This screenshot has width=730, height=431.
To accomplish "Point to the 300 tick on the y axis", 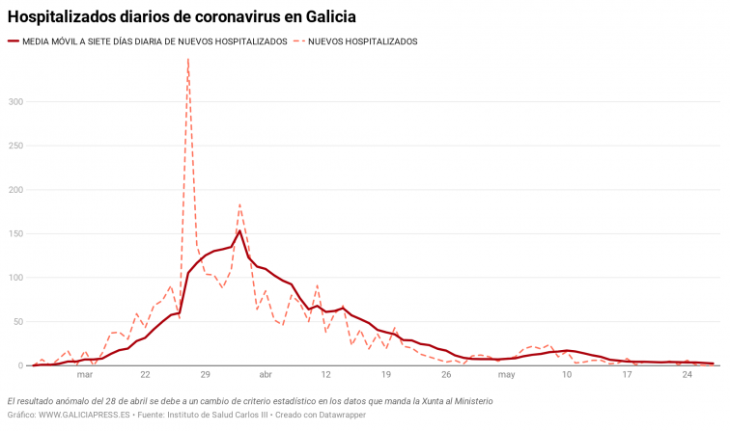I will coord(16,101).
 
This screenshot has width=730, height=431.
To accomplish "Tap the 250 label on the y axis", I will coord(16,146).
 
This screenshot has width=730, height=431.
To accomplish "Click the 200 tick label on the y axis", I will coord(16,190).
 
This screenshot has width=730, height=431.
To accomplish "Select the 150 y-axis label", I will coord(16,233).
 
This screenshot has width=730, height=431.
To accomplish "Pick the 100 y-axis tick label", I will coord(16,278).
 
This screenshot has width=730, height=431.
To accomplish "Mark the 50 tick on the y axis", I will coord(19,322).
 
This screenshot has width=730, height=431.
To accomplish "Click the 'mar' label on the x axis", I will coord(85,375).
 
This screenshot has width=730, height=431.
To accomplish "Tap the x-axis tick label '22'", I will coord(145,375).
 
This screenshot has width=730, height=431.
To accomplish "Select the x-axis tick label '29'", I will coord(205,375).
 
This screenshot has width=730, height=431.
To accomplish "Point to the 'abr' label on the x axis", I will coord(266,375).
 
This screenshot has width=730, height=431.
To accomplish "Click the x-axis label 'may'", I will coord(507,375).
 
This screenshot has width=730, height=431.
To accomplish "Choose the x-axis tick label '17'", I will coord(628,375).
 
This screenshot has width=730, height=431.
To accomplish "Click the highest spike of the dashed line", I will coord(187,60).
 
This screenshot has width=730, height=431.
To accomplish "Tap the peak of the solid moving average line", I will coord(239,230).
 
